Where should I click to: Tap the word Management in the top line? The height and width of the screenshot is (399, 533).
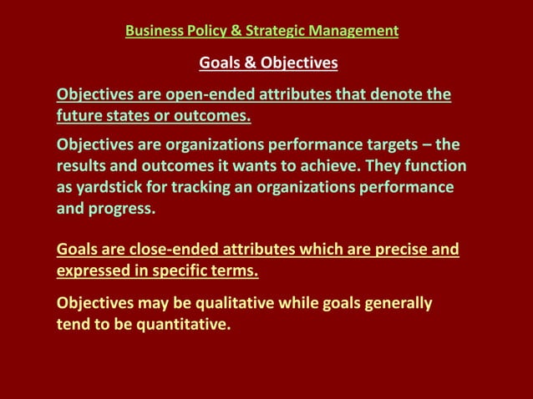(x=357, y=32)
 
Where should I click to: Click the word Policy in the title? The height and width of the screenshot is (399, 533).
(x=204, y=32)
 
